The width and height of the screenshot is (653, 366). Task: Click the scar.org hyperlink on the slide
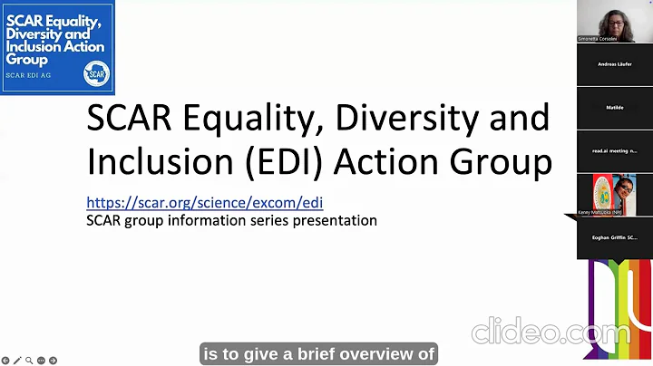click(x=204, y=203)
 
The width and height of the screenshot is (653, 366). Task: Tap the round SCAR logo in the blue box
click(x=95, y=73)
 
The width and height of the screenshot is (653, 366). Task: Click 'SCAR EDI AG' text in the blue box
click(x=29, y=74)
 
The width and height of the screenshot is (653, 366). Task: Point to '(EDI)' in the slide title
click(x=283, y=161)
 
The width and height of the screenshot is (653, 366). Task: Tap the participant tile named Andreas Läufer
click(x=614, y=64)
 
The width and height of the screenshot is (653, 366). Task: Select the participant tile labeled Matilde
click(x=614, y=108)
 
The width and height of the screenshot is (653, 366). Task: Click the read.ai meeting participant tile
click(x=614, y=151)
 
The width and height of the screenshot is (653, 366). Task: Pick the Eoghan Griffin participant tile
click(x=614, y=237)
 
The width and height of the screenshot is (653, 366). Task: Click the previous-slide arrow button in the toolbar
click(x=5, y=361)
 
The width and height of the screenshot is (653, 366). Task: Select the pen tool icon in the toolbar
click(x=17, y=361)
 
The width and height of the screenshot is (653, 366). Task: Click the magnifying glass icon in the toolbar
click(x=29, y=361)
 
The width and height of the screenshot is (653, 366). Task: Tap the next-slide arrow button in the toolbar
click(x=53, y=361)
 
